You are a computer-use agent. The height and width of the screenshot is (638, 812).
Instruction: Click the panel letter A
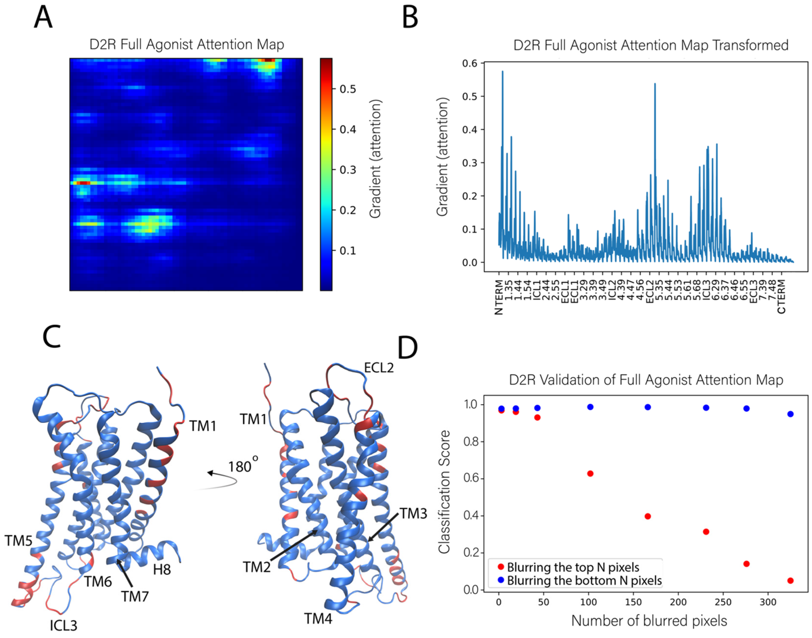(43, 18)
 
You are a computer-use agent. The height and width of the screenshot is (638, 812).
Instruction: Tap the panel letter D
(407, 348)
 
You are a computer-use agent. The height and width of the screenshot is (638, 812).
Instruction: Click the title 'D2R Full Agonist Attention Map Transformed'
(651, 45)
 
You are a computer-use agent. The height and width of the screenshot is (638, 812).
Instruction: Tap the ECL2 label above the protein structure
(379, 368)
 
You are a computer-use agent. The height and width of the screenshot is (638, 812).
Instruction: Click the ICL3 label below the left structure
(64, 625)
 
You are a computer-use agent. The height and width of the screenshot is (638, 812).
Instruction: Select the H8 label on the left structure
(162, 570)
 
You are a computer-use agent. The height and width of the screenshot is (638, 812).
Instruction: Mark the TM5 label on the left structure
(18, 541)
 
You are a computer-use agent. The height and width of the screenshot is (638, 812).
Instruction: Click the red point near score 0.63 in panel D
(590, 474)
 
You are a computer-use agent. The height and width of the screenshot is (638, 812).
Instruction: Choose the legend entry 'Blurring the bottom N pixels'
(584, 581)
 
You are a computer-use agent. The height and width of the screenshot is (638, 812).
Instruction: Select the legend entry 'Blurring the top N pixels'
(573, 567)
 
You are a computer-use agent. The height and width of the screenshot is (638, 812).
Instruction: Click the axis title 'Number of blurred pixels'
(649, 620)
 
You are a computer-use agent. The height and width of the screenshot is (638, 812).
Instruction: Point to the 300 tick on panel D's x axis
(768, 602)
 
